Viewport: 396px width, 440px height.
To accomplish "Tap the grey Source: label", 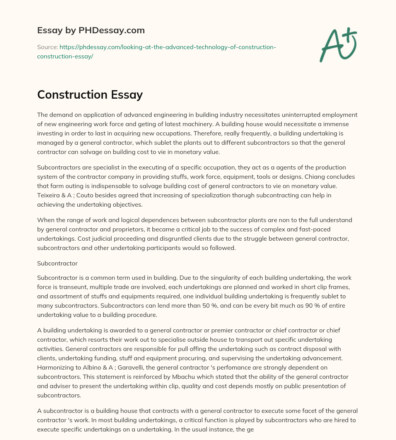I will (47, 47).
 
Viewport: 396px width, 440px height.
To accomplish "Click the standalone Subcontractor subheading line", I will (57, 263).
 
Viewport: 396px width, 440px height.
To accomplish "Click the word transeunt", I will (73, 287).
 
